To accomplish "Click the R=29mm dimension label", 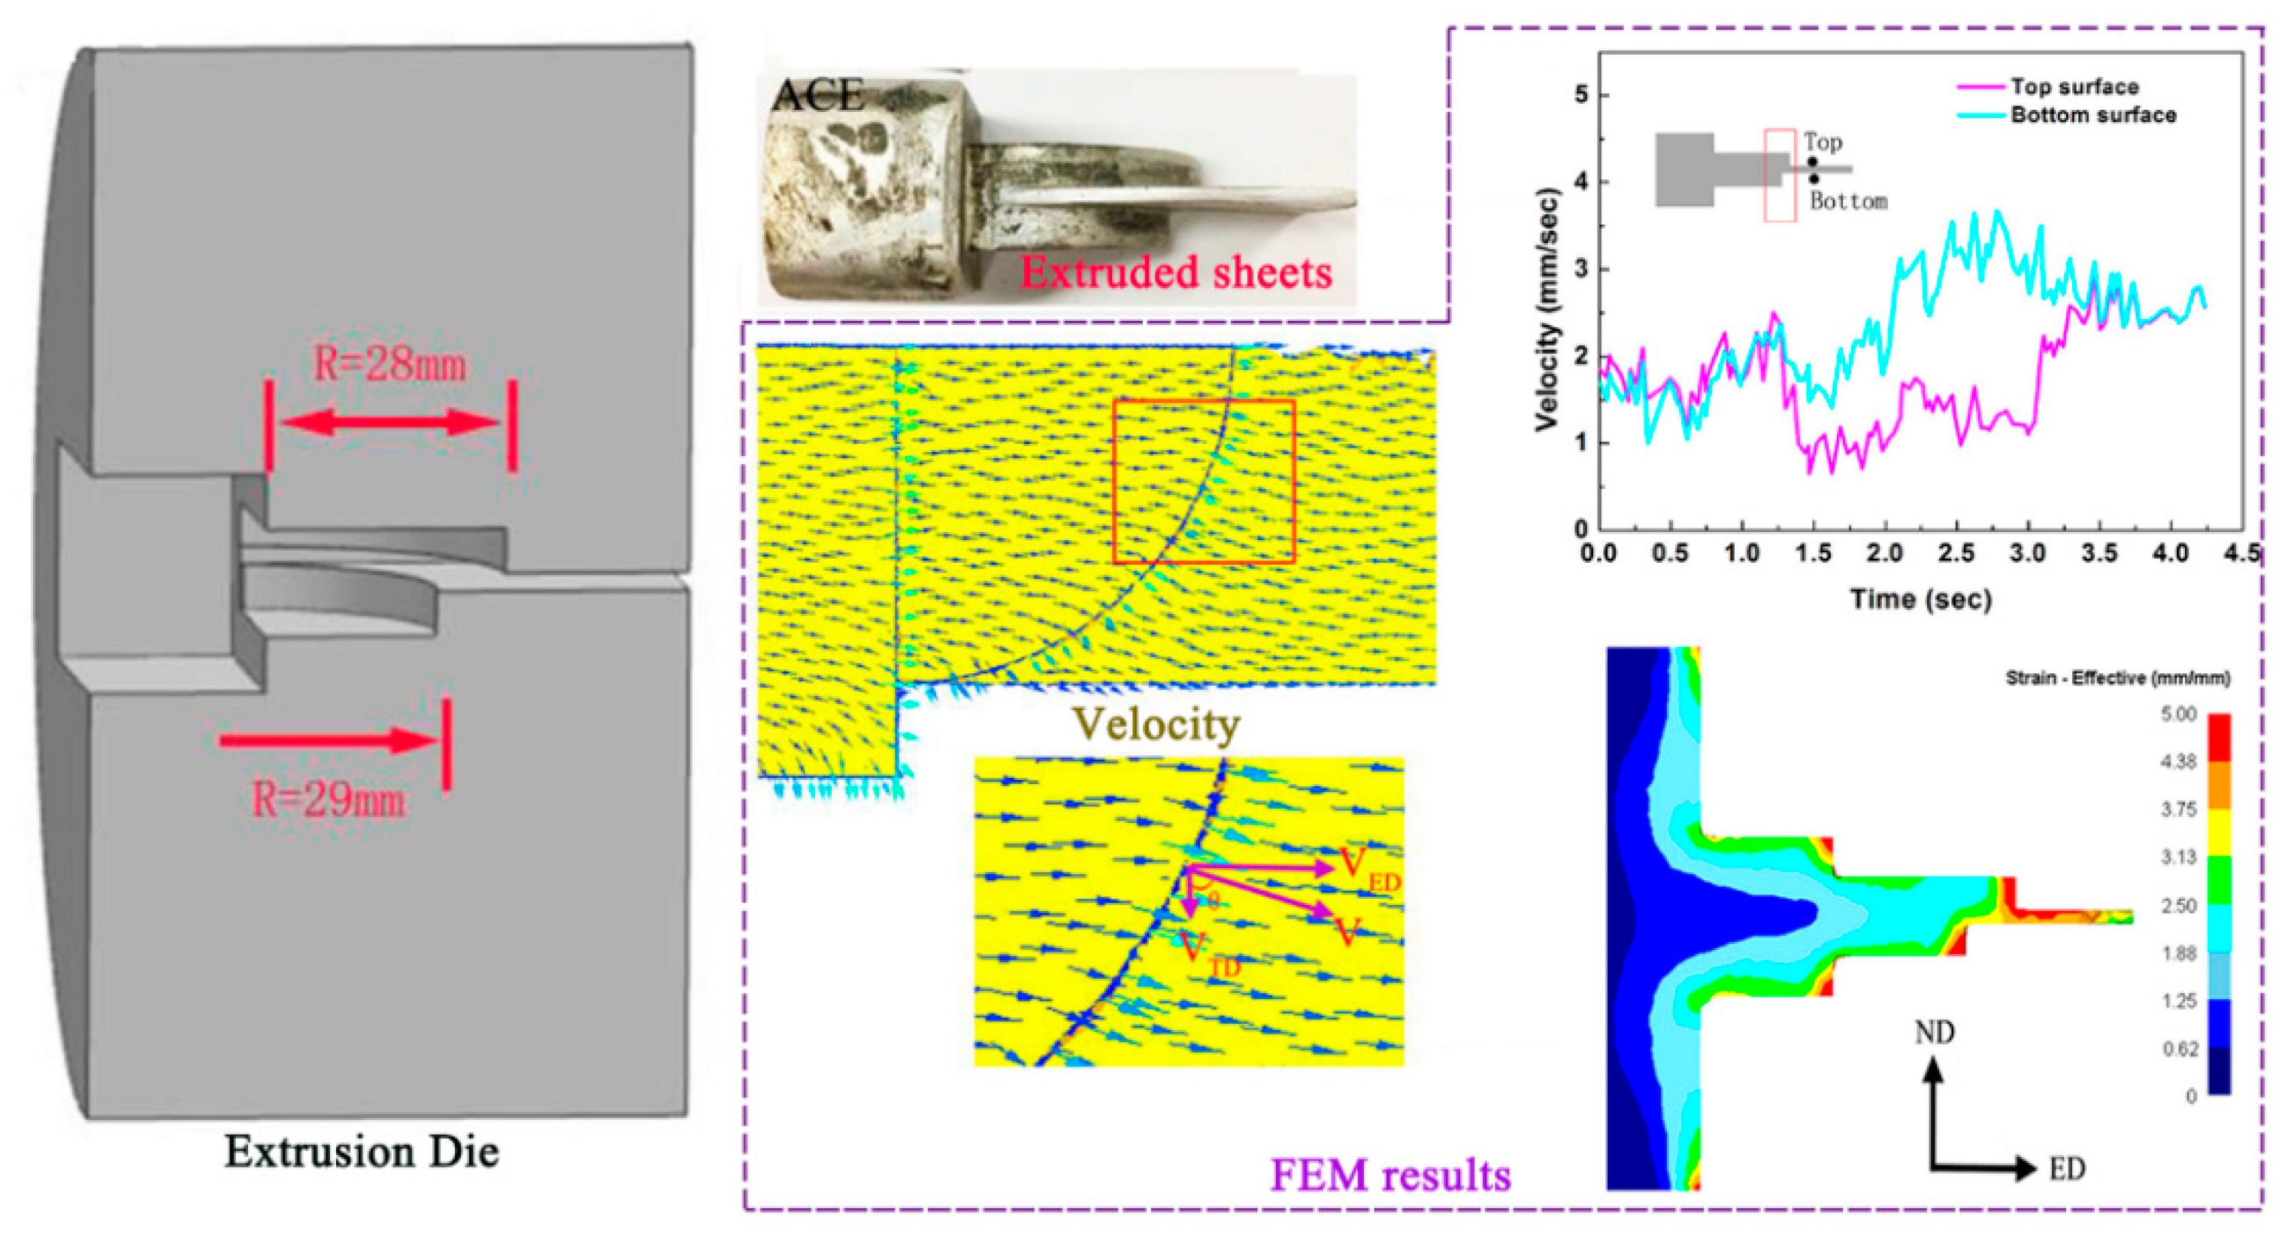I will pos(329,800).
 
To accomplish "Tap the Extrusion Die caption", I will pos(362,1152).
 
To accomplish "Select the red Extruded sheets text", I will pos(1175,272).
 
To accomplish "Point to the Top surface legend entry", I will pos(2074,87).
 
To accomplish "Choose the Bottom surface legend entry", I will pos(2093,114).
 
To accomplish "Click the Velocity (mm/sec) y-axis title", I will pos(1547,310).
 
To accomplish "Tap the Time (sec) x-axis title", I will pos(1920,599).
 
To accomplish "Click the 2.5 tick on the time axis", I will pos(1956,554).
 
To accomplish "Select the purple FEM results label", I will pos(1390,1174).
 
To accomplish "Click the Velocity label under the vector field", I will pos(1156,724).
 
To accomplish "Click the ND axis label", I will pos(1934,1032).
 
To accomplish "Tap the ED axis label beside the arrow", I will pos(2067,1169).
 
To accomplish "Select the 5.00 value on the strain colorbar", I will pos(2178,715).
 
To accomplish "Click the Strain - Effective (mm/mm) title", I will pos(2117,679).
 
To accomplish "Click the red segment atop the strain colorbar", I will pos(2219,736).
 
